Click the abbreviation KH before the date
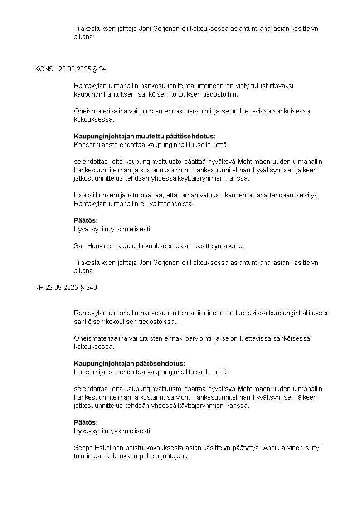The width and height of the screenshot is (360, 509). click(x=39, y=288)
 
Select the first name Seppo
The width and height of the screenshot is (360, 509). click(x=83, y=448)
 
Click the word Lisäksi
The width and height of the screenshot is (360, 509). click(x=83, y=196)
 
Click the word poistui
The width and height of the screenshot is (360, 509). click(x=125, y=448)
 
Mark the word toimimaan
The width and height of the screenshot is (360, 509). click(x=89, y=456)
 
